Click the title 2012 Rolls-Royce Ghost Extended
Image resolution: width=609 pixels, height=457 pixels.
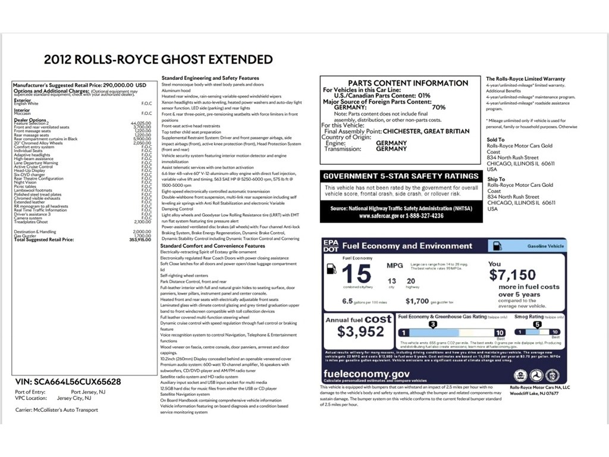[158, 60]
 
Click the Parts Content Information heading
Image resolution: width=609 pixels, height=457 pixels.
[400, 83]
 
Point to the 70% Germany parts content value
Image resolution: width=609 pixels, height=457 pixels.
[438, 107]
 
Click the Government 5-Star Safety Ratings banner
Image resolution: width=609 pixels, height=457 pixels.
[400, 176]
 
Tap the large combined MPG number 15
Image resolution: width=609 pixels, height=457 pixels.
[357, 274]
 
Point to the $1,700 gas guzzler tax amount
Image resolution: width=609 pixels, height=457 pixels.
[418, 301]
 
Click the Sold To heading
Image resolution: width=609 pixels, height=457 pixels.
[495, 140]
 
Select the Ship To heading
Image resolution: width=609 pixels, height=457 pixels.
[496, 179]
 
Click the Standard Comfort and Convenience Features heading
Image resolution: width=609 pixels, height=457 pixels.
[213, 246]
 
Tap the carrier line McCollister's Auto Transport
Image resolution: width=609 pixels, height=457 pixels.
[57, 410]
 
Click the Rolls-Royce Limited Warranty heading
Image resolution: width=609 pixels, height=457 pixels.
[525, 79]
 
